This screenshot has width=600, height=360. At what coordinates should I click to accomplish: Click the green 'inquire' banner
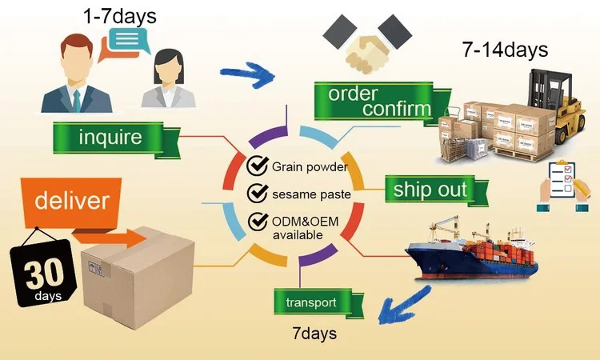[110, 137]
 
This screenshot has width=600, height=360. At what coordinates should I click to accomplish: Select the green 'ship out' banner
[429, 190]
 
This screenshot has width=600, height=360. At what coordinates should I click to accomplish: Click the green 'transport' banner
[317, 302]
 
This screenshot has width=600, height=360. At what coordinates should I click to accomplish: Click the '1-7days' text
[121, 15]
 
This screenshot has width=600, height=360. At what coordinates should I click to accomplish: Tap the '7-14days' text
[505, 49]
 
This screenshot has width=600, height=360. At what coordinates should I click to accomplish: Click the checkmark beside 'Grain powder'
[257, 166]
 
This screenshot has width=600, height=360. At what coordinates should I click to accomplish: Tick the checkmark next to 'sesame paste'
[257, 193]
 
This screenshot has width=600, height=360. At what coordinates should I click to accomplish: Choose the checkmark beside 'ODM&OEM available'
[257, 220]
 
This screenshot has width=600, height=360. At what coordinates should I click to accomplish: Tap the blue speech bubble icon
[129, 39]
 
